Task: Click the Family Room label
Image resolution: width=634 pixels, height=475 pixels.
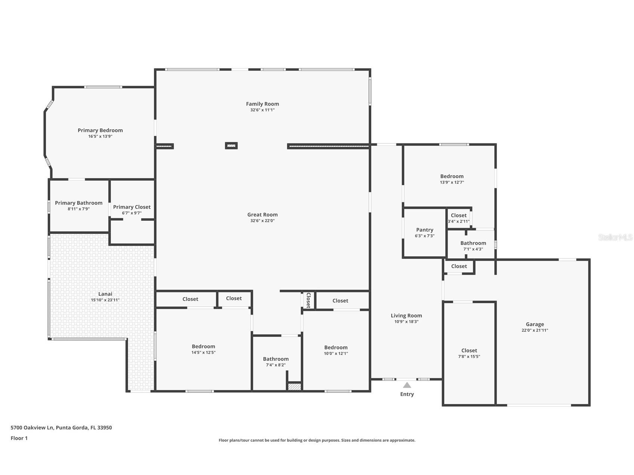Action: [262, 104]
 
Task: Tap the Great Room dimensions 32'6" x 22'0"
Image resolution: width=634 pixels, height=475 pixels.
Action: [262, 221]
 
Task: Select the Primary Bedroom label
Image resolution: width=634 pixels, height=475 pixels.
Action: [100, 130]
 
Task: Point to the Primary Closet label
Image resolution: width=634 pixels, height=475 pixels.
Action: [132, 207]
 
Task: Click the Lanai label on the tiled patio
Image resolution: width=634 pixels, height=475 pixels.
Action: [105, 294]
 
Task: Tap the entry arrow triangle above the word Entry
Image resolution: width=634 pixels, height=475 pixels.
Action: [407, 385]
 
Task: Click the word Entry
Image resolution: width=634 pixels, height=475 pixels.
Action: [407, 394]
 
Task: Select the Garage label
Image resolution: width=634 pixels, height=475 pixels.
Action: [535, 324]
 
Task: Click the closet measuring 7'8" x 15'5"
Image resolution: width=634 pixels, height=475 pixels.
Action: [469, 353]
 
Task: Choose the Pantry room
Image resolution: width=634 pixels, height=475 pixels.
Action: [424, 232]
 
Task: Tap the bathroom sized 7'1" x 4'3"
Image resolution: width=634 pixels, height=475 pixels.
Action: [473, 246]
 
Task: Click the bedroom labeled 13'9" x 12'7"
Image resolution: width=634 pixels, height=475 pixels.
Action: [452, 179]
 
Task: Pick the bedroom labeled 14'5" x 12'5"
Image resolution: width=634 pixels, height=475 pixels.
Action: [203, 349]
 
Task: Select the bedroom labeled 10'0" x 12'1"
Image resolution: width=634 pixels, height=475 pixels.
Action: [335, 350]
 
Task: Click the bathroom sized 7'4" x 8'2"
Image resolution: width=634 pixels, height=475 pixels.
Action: [276, 361]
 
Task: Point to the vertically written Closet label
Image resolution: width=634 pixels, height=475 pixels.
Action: [308, 300]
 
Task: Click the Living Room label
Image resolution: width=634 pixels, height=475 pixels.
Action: [406, 316]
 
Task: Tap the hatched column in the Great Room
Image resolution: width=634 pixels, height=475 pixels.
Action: [231, 146]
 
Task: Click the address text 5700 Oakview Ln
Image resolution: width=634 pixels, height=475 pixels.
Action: [33, 428]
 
